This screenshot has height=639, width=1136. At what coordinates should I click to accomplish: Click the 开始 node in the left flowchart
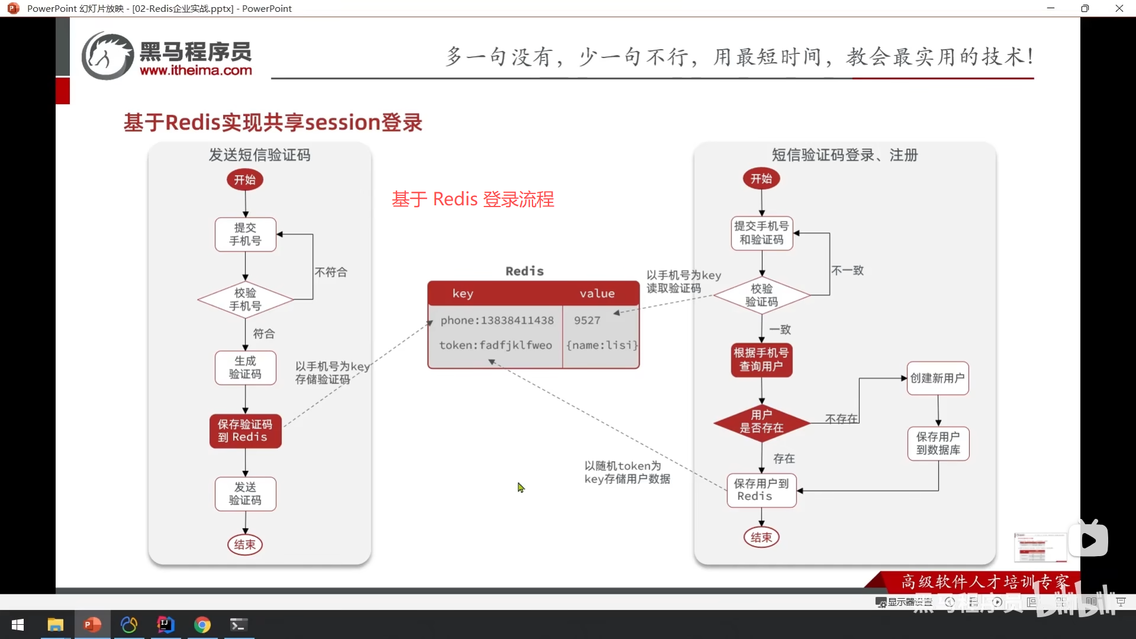pyautogui.click(x=245, y=180)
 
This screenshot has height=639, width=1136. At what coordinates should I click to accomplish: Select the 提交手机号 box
pyautogui.click(x=246, y=234)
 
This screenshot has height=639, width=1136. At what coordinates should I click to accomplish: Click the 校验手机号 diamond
pyautogui.click(x=246, y=299)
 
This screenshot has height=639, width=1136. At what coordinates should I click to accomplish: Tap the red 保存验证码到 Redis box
pyautogui.click(x=246, y=431)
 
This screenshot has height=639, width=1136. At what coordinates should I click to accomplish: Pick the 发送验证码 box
pyautogui.click(x=246, y=493)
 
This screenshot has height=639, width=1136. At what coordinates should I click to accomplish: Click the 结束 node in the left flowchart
pyautogui.click(x=245, y=544)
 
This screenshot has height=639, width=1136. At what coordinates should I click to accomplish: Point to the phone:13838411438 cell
pyautogui.click(x=496, y=320)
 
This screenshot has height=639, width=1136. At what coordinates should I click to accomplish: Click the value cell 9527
pyautogui.click(x=587, y=320)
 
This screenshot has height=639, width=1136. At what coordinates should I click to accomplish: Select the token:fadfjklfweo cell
pyautogui.click(x=495, y=345)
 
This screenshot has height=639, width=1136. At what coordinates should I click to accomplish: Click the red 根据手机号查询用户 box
pyautogui.click(x=761, y=360)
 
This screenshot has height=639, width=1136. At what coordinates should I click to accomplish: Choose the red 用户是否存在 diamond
pyautogui.click(x=761, y=421)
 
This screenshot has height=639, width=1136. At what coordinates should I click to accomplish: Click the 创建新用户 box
pyautogui.click(x=938, y=378)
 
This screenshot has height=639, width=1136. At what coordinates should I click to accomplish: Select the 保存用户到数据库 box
pyautogui.click(x=938, y=443)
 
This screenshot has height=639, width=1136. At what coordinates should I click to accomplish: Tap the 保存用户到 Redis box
pyautogui.click(x=761, y=490)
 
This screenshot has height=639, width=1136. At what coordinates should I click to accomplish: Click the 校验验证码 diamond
pyautogui.click(x=761, y=295)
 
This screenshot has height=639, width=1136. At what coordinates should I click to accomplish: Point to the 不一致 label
pyautogui.click(x=847, y=270)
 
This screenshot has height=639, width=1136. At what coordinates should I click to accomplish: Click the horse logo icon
pyautogui.click(x=107, y=56)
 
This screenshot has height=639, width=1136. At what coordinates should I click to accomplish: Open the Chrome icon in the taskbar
pyautogui.click(x=202, y=625)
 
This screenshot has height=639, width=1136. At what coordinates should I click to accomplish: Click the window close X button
pyautogui.click(x=1119, y=8)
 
